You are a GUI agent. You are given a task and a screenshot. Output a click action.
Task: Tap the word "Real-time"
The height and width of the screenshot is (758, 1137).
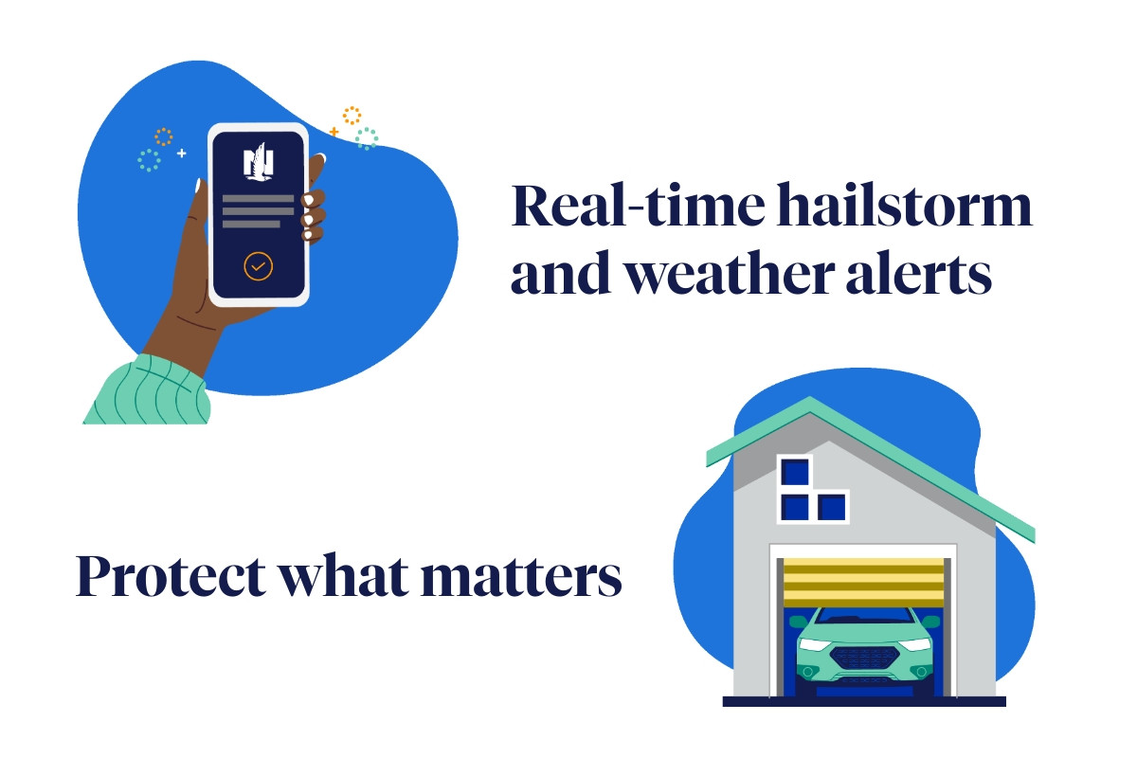[x=638, y=205]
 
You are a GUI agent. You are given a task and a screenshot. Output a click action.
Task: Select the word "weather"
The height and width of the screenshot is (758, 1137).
[x=730, y=274]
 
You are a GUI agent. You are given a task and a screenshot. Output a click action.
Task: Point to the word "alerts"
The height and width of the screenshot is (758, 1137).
[x=918, y=273]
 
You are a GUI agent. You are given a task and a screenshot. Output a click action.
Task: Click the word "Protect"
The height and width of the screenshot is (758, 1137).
[x=171, y=575]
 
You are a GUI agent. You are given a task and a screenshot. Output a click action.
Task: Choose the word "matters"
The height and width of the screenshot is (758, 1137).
[x=521, y=576]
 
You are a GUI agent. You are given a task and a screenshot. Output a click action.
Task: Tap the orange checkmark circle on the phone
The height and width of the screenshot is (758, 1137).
[x=258, y=266]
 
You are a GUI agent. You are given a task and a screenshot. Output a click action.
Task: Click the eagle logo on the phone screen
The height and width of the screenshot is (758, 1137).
[x=259, y=161]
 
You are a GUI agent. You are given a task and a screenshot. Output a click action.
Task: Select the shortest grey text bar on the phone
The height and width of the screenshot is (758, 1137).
[x=251, y=224]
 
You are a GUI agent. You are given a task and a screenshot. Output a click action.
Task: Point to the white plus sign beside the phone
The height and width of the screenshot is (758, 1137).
[x=182, y=153]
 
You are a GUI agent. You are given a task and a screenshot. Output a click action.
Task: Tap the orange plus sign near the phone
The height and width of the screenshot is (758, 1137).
[x=334, y=132]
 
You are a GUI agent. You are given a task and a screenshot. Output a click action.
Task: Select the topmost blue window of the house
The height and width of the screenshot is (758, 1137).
[x=794, y=472]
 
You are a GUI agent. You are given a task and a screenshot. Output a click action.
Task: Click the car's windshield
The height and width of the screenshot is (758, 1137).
[x=864, y=615]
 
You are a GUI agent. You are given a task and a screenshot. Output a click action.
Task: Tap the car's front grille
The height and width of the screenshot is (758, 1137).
[x=864, y=659]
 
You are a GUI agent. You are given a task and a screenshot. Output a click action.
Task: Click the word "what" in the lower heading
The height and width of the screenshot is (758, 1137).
[x=345, y=575]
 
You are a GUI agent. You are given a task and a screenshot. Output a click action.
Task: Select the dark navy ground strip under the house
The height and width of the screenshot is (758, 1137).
[x=864, y=701]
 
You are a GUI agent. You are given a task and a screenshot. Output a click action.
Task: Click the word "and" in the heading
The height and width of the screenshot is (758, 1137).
[x=560, y=273]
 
